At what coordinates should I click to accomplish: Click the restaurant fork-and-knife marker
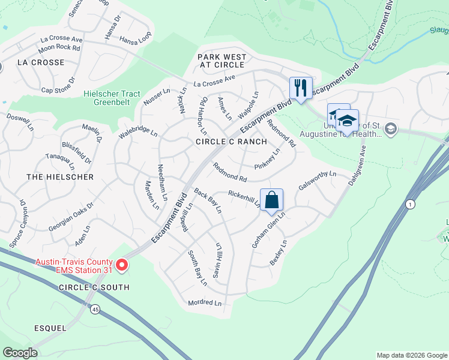299,88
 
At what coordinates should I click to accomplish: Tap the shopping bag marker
271,199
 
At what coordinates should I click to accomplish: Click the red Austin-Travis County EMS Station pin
122,265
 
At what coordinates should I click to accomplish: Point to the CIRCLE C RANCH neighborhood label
231,142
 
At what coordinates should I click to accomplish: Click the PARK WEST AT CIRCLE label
223,61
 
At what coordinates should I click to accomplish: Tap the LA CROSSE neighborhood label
41,62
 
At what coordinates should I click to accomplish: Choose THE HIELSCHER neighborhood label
60,177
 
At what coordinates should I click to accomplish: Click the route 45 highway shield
96,310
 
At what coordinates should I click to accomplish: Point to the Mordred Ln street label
205,303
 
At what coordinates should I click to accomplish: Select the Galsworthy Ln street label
321,178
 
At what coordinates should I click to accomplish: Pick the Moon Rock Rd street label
59,47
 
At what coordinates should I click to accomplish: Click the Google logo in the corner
20,353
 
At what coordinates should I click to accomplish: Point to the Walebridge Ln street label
137,132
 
